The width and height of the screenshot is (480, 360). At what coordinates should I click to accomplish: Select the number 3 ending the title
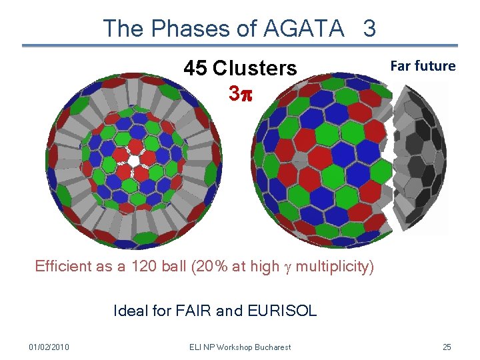[x=369, y=28]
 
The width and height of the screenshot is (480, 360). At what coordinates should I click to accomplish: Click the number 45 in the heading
[x=196, y=68]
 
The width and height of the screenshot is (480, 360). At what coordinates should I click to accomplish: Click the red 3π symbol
[x=240, y=93]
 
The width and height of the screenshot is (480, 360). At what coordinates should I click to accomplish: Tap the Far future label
[x=423, y=66]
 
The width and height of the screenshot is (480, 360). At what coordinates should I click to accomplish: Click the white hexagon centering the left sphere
[x=134, y=161]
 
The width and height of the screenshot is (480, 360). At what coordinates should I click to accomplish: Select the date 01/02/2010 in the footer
[x=49, y=347]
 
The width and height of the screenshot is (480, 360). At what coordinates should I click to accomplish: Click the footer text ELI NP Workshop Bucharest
[x=240, y=347]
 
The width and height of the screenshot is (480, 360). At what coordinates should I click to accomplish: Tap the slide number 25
[x=447, y=347]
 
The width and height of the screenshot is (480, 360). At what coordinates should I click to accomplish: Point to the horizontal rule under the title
[x=240, y=45]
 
